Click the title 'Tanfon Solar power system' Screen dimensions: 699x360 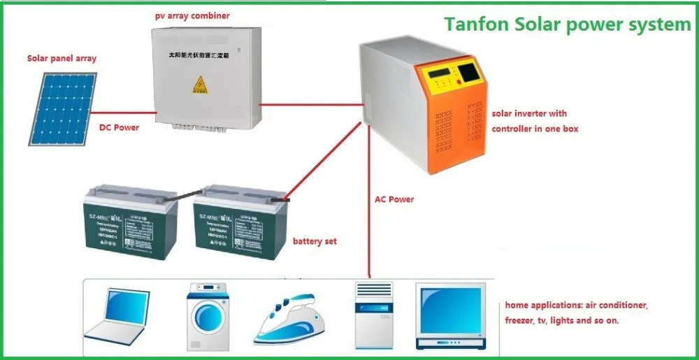[567, 24]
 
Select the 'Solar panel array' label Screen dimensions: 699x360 [62, 59]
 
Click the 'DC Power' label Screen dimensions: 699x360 [119, 128]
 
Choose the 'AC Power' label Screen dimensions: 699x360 [394, 199]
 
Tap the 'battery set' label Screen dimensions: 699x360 [315, 241]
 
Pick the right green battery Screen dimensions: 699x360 [236, 224]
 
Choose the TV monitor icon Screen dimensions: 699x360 [449, 315]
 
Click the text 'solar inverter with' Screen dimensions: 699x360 [529, 113]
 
